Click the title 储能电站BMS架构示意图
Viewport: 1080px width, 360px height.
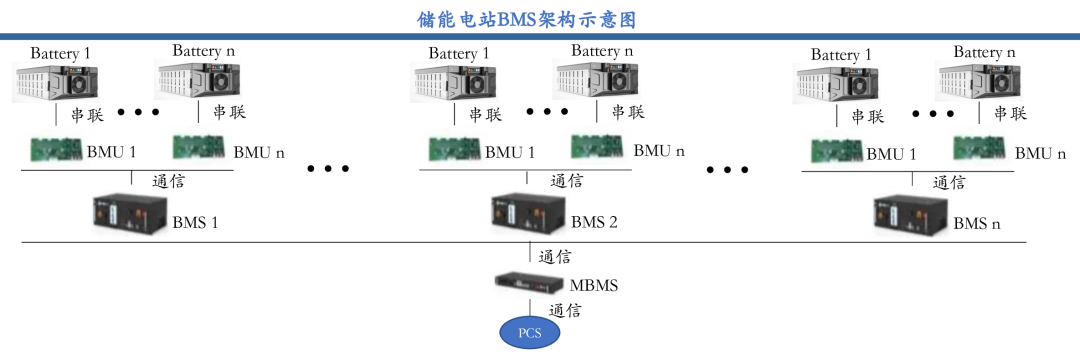click(540, 19)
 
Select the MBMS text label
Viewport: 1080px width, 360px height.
click(594, 285)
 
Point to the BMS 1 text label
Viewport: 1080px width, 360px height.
click(196, 222)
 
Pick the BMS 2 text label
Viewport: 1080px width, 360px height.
click(594, 222)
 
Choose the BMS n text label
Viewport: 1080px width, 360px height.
click(977, 222)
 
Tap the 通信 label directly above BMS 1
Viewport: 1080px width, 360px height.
click(167, 182)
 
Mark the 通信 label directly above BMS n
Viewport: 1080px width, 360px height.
click(949, 182)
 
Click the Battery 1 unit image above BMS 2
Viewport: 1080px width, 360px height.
click(448, 83)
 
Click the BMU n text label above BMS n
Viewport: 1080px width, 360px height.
click(1040, 153)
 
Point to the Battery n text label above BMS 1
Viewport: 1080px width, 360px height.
click(204, 50)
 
